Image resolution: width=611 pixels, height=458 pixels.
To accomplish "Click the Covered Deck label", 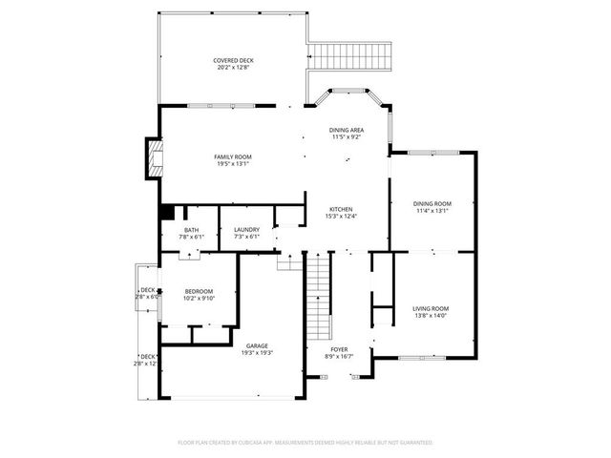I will pyautogui.click(x=233, y=60).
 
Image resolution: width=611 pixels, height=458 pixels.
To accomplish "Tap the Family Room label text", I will pyautogui.click(x=232, y=156).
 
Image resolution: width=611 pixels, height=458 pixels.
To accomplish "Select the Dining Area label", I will pyautogui.click(x=346, y=130).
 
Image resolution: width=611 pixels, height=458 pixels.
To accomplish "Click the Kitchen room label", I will pyautogui.click(x=342, y=209).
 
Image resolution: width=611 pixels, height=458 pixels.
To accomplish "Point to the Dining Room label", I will pyautogui.click(x=432, y=203).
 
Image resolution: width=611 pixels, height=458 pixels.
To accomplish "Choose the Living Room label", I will pyautogui.click(x=431, y=308).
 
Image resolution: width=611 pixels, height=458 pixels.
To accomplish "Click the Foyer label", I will pyautogui.click(x=339, y=349).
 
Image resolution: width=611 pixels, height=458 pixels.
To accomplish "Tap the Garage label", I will pyautogui.click(x=256, y=345).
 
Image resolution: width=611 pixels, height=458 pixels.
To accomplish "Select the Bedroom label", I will pyautogui.click(x=199, y=291).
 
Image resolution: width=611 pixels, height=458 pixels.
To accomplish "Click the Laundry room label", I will pyautogui.click(x=246, y=229).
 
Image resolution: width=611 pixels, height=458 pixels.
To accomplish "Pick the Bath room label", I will pyautogui.click(x=192, y=229).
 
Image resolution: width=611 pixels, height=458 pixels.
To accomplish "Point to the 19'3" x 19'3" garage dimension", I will pyautogui.click(x=256, y=353).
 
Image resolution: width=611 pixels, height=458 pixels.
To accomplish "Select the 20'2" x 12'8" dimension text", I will pyautogui.click(x=233, y=68).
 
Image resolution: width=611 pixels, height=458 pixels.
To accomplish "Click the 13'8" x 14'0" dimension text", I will pyautogui.click(x=431, y=316).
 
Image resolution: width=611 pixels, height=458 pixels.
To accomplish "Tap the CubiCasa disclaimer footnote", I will pyautogui.click(x=305, y=443).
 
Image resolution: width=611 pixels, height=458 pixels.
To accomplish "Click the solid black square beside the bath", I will pyautogui.click(x=166, y=213).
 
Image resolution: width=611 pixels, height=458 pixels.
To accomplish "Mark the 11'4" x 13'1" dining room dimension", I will pyautogui.click(x=432, y=211).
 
